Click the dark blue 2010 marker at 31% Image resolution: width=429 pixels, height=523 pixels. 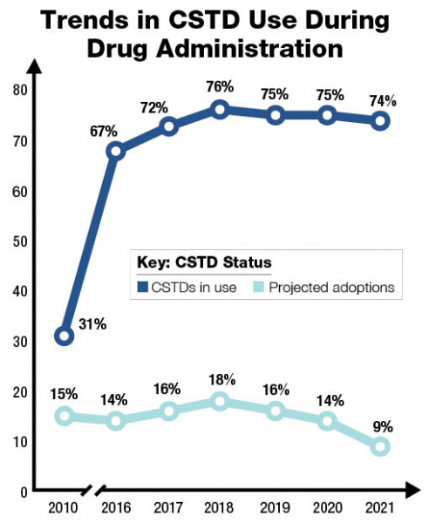(64, 336)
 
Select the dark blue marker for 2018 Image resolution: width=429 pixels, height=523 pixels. (220, 110)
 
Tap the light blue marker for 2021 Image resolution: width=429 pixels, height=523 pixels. (380, 446)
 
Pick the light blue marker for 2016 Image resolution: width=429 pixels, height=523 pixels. (116, 421)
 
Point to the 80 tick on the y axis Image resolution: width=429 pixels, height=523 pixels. (20, 90)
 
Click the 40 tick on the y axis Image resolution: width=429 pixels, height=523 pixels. (20, 291)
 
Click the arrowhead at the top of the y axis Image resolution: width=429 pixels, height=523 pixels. (35, 65)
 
